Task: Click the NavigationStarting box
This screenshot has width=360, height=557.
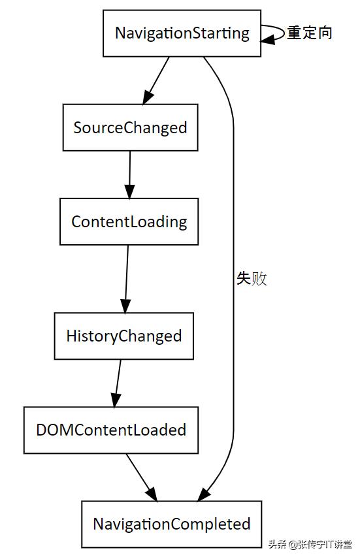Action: point(182,33)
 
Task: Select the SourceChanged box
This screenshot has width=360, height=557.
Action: point(130,127)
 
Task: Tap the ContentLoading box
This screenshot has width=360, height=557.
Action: point(129,221)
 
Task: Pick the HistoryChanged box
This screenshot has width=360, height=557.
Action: point(123,336)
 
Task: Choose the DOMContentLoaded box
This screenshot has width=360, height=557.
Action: point(110,430)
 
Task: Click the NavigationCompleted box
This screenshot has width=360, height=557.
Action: point(171,524)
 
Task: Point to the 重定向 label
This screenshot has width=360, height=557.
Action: point(310,33)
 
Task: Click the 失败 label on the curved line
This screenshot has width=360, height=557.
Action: point(252,279)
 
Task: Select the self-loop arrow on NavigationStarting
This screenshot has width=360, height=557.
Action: point(274,33)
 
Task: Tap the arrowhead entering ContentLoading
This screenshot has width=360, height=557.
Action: point(129,190)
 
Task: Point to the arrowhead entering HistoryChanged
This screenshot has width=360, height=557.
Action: point(125,305)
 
